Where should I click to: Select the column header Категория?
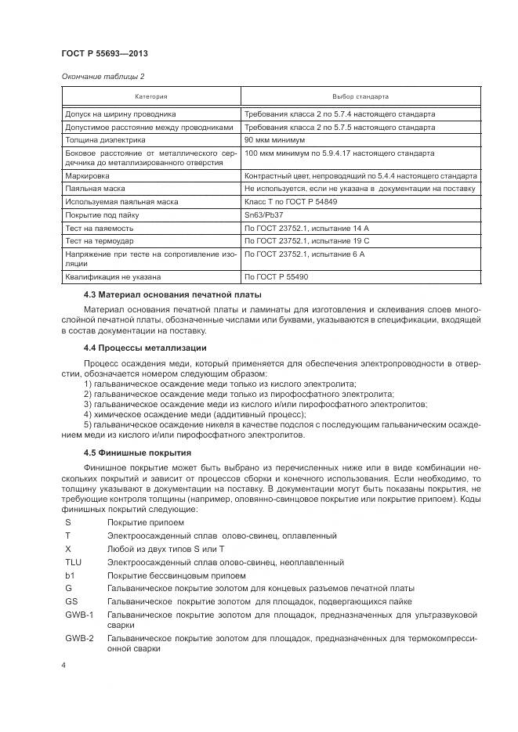[x=150, y=97]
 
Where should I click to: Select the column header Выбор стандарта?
[x=360, y=97]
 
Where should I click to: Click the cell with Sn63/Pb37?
[x=266, y=215]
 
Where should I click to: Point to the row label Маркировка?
[x=88, y=177]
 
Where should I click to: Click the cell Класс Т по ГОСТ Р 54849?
[x=292, y=202]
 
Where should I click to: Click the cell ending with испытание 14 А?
[x=306, y=227]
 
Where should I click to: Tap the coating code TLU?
[x=73, y=562]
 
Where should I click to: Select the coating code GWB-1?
[x=79, y=615]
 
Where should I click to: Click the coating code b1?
[x=69, y=575]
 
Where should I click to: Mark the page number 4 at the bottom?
[x=63, y=665]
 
